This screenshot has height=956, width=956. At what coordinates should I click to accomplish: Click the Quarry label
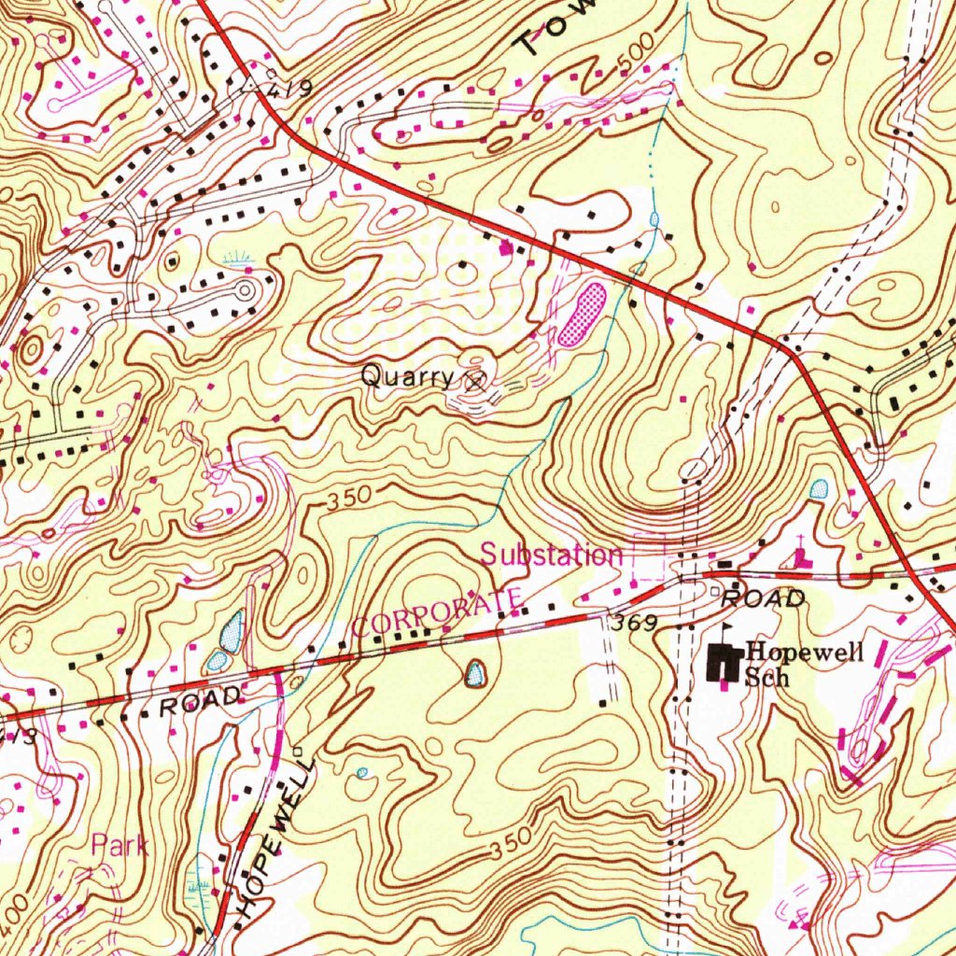tap(407, 377)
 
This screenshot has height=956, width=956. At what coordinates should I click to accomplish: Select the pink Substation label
tap(551, 555)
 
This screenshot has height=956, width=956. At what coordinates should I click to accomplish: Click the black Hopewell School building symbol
tap(724, 663)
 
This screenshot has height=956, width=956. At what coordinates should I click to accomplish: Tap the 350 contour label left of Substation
tap(349, 498)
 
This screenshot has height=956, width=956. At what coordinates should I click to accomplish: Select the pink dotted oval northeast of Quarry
tap(583, 315)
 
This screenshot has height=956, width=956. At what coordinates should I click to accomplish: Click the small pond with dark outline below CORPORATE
tap(476, 672)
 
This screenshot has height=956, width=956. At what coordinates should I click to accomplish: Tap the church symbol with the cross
tap(801, 556)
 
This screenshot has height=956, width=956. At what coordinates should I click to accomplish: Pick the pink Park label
tap(119, 847)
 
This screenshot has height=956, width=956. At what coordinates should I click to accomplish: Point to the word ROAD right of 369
tap(764, 599)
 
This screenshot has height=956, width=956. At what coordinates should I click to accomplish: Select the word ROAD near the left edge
tap(202, 701)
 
